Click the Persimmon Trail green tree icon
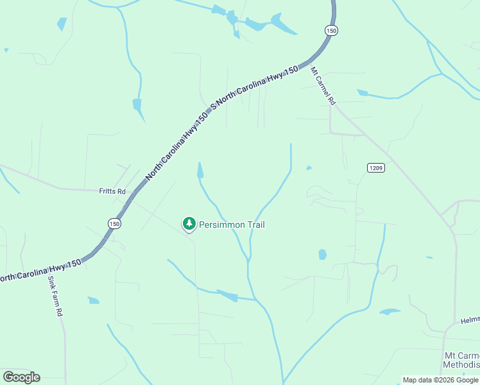pyautogui.click(x=189, y=223)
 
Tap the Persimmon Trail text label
pyautogui.click(x=232, y=225)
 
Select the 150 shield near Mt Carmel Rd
pyautogui.click(x=330, y=30)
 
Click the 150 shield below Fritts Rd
pyautogui.click(x=114, y=223)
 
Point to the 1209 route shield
pyautogui.click(x=375, y=168)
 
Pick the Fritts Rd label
pyautogui.click(x=112, y=191)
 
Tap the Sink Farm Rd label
pyautogui.click(x=54, y=296)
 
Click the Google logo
pyautogui.click(x=21, y=377)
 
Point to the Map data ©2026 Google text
pyautogui.click(x=441, y=380)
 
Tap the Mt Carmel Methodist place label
pyautogui.click(x=461, y=360)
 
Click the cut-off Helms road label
pyautogui.click(x=470, y=320)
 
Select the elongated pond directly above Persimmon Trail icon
pyautogui.click(x=200, y=171)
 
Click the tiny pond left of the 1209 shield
pyautogui.click(x=309, y=168)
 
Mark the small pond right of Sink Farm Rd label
pyautogui.click(x=94, y=300)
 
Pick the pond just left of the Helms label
pyautogui.click(x=389, y=312)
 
